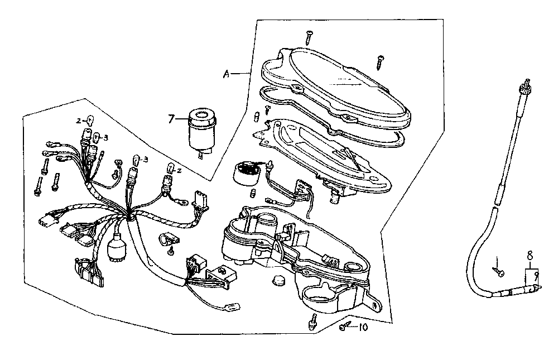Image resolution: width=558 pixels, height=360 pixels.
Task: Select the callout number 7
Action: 171,118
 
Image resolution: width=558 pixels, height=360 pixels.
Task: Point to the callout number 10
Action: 363,328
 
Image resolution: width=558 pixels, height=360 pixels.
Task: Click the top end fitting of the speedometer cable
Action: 525,87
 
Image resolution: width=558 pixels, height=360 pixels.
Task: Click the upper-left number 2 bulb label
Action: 79,121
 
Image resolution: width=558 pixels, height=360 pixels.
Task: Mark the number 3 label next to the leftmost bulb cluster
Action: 106,137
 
